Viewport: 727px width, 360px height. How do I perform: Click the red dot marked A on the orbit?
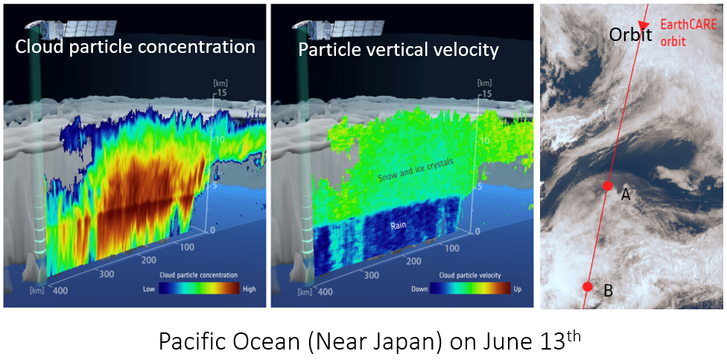pos(607,186)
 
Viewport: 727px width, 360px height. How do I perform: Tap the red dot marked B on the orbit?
pos(588,286)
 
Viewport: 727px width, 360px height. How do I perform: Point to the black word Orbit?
pos(631,34)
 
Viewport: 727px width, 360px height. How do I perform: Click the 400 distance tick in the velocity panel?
pos(326,291)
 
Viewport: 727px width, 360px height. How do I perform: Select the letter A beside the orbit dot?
pos(626,195)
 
